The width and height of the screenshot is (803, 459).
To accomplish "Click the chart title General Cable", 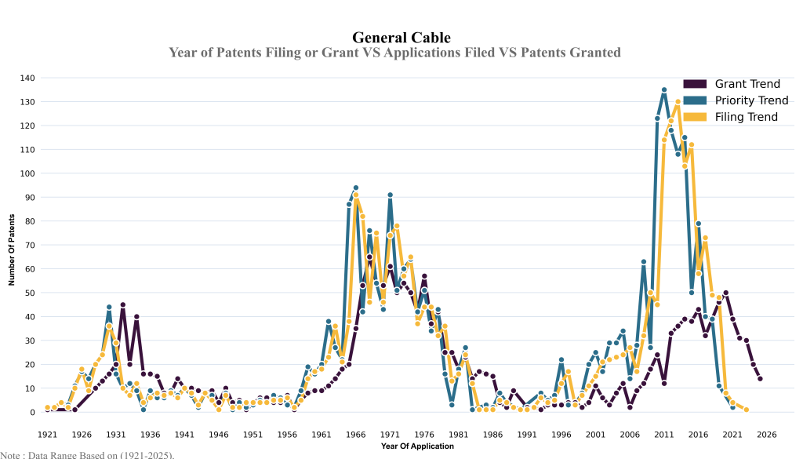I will tap(401, 38).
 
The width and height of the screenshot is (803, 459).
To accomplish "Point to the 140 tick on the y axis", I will tap(27, 78).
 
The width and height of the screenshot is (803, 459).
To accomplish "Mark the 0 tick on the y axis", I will tap(32, 412).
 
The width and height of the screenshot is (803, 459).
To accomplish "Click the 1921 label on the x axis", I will tap(47, 434).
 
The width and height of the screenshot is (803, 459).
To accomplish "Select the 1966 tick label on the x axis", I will tap(355, 434).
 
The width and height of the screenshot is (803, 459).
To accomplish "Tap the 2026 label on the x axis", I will tap(767, 434).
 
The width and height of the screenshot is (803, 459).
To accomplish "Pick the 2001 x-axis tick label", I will tap(595, 434).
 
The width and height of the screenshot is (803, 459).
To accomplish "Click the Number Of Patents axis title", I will tap(12, 245).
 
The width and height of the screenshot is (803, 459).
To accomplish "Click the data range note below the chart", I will tap(87, 454).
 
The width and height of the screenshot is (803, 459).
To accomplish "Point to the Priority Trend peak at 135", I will tap(664, 90).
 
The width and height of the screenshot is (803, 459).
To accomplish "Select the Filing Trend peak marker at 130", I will tap(678, 102).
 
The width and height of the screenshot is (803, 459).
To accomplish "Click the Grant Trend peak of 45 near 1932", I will tap(123, 304).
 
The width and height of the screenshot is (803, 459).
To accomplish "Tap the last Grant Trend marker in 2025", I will tap(760, 379).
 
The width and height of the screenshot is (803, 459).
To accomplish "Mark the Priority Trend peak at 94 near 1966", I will tap(356, 188).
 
